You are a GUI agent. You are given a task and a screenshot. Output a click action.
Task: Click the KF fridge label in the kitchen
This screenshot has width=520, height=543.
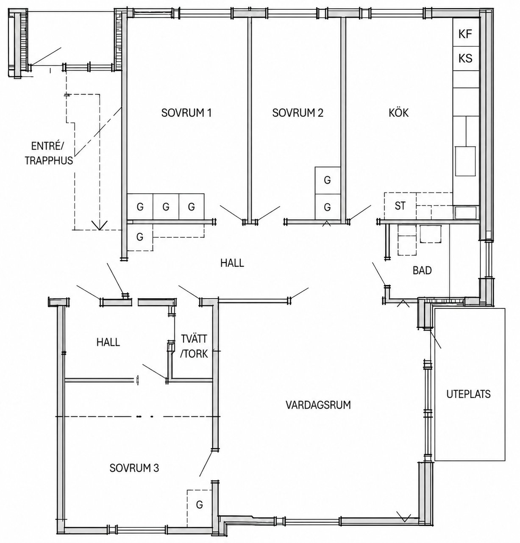(465, 34)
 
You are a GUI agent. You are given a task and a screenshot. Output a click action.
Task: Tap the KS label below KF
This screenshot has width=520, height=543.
(465, 58)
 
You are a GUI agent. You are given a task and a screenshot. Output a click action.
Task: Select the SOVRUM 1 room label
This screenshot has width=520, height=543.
(186, 113)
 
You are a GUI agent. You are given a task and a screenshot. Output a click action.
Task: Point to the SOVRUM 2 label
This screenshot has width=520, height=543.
(298, 113)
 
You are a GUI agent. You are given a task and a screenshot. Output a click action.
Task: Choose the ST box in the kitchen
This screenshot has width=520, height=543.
(400, 206)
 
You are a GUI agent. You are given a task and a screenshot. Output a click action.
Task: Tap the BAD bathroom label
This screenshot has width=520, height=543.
(422, 270)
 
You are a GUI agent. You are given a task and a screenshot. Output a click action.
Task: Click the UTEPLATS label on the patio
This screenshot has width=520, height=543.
(468, 394)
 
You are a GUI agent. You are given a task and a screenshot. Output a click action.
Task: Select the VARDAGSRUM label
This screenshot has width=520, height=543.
(318, 405)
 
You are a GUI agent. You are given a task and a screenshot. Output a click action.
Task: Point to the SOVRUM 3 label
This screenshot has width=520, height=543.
(134, 468)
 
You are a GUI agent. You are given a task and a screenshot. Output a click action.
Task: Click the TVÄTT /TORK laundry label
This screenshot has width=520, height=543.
(194, 346)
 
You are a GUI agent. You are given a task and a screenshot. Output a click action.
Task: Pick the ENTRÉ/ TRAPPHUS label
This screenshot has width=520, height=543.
(49, 153)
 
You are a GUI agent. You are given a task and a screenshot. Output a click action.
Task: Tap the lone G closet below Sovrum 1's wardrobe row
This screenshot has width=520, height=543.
(140, 237)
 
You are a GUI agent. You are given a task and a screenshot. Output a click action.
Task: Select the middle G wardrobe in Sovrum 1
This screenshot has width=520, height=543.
(166, 207)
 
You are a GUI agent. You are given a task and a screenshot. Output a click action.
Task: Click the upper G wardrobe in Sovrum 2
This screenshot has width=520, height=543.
(328, 180)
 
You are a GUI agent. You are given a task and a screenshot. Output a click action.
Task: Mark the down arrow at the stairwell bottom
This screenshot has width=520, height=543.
(100, 225)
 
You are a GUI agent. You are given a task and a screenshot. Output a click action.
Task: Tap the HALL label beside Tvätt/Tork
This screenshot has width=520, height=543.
(108, 342)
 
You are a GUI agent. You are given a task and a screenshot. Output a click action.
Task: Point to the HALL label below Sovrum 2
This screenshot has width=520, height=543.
(232, 263)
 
